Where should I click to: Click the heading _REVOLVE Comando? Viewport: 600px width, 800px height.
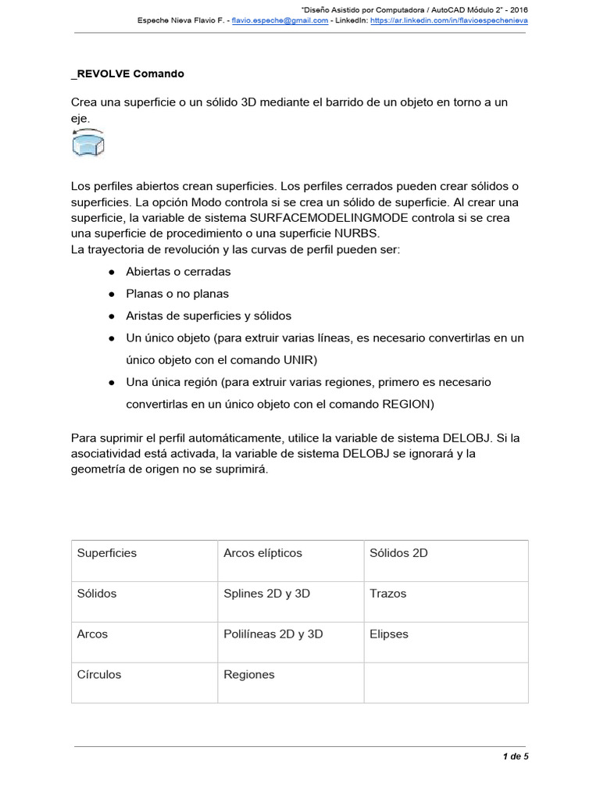coord(127,74)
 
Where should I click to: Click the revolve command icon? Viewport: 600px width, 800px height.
coord(88,144)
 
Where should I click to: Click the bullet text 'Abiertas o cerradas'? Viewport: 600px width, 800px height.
coord(178,272)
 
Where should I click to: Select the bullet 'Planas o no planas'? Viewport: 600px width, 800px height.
coord(177,294)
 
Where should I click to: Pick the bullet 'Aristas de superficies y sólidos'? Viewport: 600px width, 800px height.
coord(209,316)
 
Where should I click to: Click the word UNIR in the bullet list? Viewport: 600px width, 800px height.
coord(300,360)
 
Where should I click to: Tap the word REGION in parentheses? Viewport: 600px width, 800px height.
coord(405,405)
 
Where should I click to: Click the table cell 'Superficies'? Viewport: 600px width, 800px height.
coord(107,553)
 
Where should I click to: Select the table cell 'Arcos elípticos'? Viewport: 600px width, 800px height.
coord(262,553)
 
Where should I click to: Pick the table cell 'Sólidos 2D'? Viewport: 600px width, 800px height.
coord(398,553)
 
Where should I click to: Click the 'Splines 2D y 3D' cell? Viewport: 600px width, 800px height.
coord(266,594)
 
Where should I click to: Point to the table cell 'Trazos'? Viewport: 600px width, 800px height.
coord(387,594)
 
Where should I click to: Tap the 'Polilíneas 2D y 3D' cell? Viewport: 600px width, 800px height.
coord(273,634)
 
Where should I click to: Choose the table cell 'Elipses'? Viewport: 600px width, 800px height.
coord(388,634)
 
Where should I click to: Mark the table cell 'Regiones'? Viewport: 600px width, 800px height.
coord(249,675)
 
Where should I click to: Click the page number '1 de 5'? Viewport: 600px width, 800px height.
coord(515,756)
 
